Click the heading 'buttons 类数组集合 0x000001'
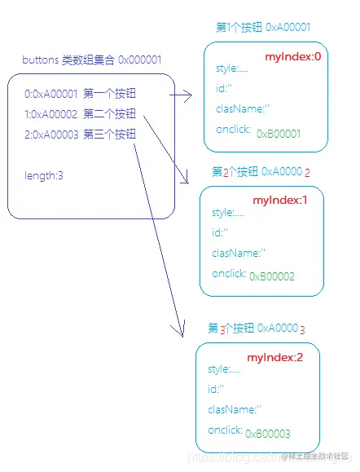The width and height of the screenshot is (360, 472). coord(91,60)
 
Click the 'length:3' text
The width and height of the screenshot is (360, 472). coord(44,175)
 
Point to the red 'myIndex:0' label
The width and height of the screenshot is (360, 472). coord(294,57)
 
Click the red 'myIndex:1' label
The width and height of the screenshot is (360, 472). coord(280,200)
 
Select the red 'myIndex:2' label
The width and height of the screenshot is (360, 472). coord(275,358)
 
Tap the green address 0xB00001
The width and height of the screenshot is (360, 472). coord(279,133)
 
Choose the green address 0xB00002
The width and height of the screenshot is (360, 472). coord(272,276)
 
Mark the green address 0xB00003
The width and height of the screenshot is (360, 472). coord(268,434)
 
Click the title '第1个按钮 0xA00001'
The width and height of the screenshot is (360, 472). coord(262,28)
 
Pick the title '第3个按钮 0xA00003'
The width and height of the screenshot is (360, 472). coord(256,329)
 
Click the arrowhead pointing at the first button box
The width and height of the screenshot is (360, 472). coord(188,97)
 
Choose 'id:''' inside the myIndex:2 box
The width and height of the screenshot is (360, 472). coord(216,389)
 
